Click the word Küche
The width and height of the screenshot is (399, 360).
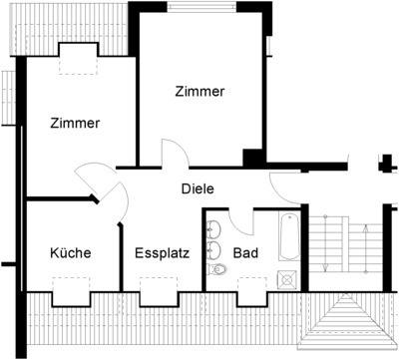click(71, 253)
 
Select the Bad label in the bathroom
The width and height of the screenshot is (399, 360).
click(245, 253)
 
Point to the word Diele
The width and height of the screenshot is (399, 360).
click(198, 188)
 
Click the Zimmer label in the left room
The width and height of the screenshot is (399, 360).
click(75, 124)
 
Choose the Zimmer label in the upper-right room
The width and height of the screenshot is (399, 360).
click(199, 92)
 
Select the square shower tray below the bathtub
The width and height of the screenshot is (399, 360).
click(287, 278)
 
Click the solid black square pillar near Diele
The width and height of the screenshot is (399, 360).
click(252, 159)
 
